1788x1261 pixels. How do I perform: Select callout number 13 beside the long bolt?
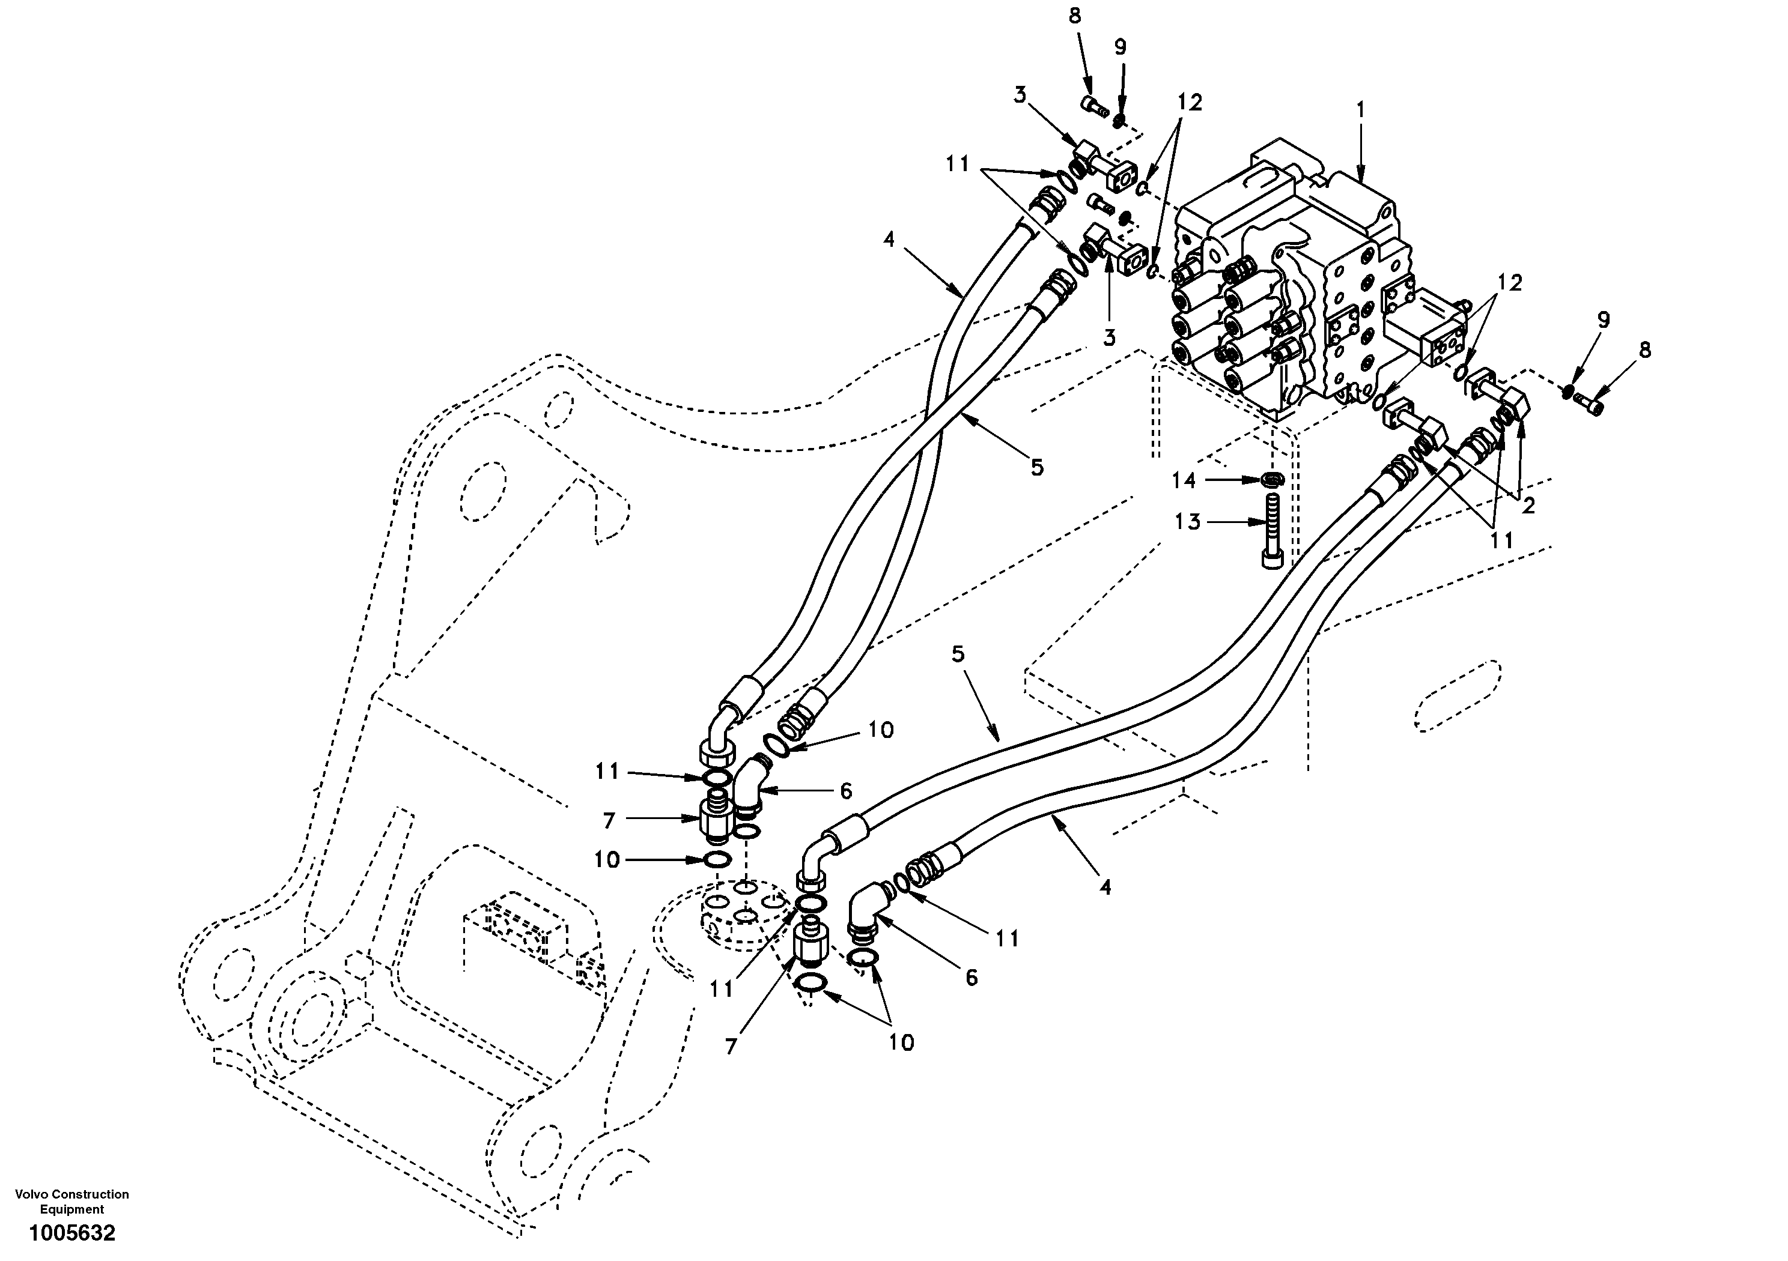[1188, 522]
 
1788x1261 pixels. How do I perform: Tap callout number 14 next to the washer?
[1184, 481]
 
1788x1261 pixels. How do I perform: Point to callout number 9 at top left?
[1121, 47]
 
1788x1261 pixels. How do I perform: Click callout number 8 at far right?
[1644, 350]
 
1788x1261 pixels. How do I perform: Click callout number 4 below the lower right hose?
[1106, 886]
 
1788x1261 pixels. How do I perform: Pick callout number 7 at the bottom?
[731, 1047]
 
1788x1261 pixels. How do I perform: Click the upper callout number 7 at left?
[609, 820]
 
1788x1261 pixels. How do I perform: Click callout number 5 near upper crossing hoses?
[1036, 467]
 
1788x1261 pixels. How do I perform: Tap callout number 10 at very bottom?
[901, 1042]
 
